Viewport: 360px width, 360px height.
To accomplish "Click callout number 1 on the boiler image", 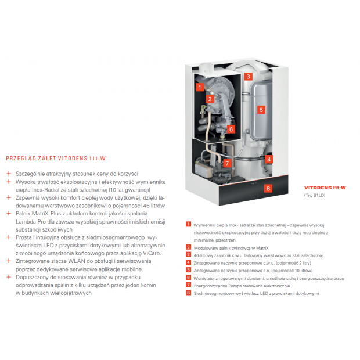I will (x=199, y=87).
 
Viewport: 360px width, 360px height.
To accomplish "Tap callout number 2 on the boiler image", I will (x=210, y=99).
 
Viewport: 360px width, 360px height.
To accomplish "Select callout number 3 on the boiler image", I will (x=247, y=76).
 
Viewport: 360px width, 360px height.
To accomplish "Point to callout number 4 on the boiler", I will (x=269, y=159).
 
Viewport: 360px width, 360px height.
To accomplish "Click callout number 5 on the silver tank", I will (x=261, y=109).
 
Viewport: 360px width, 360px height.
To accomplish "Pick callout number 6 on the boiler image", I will (x=231, y=129).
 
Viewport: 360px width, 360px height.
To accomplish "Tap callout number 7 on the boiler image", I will (x=227, y=163).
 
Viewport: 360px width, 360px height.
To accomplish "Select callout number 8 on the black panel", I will (x=268, y=188).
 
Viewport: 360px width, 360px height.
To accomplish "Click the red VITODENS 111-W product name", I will (x=325, y=188).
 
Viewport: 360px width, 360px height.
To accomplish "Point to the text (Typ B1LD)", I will (x=316, y=196).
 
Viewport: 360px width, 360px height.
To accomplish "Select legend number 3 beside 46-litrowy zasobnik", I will (x=188, y=254).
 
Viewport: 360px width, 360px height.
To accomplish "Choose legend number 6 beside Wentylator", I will (x=188, y=277).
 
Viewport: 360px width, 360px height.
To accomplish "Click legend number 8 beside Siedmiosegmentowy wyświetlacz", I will (x=188, y=293).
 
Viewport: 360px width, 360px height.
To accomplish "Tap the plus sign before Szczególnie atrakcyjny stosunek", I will (x=8, y=174).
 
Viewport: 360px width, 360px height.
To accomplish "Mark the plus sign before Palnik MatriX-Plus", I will (x=8, y=214).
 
